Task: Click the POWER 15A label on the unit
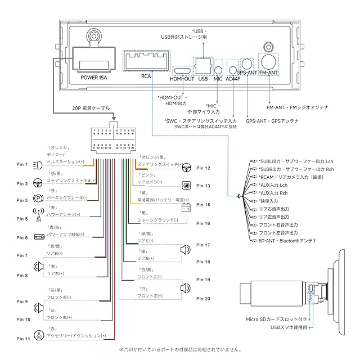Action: [x=93, y=78]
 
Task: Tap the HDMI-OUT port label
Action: [x=182, y=78]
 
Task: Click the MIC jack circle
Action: [x=218, y=70]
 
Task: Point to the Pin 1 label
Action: [x=22, y=164]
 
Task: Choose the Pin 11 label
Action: [x=22, y=339]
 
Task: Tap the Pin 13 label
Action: [x=204, y=185]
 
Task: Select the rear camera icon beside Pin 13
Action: [x=186, y=185]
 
